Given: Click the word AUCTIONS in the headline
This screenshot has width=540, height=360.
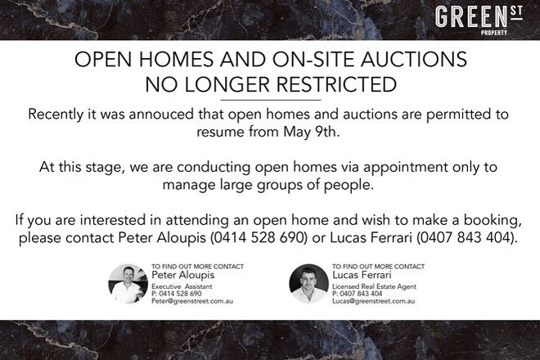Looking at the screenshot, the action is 414,59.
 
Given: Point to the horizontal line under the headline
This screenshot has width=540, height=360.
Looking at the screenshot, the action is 270,101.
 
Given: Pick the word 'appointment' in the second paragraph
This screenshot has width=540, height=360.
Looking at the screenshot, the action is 405,168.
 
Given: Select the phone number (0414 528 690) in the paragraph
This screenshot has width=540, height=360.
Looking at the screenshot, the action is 259,238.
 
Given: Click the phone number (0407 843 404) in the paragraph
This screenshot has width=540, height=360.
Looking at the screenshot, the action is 466,238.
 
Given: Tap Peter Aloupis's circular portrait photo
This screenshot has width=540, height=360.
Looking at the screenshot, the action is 128,284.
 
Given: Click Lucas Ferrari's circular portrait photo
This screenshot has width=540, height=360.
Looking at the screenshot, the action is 308,284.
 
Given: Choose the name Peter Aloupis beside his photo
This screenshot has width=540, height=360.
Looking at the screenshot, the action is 183,275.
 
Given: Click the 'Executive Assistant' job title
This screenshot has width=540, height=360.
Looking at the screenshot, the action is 182,286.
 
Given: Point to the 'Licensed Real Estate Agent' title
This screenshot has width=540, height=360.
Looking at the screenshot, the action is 375,286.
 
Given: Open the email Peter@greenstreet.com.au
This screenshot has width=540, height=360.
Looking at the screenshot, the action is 192,301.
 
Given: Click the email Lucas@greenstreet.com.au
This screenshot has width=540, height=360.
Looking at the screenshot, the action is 373,301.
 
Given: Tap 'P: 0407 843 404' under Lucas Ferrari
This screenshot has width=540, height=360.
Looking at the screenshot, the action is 357,294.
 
